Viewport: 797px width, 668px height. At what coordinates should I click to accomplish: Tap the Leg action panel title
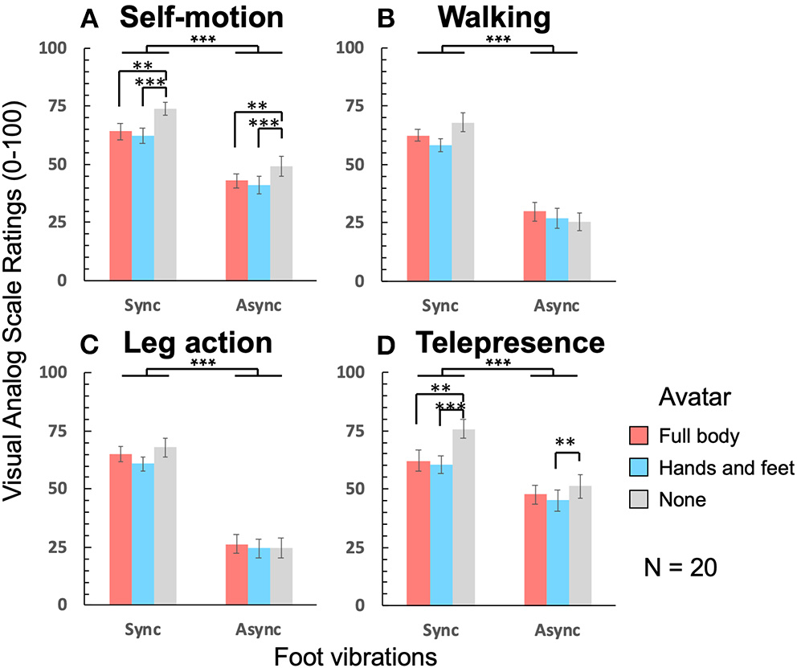click(x=198, y=343)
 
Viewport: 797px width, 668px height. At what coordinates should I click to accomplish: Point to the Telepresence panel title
click(x=510, y=343)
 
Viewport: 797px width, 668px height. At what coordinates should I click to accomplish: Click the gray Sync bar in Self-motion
click(x=166, y=195)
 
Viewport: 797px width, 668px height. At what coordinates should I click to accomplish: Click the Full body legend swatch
click(x=638, y=436)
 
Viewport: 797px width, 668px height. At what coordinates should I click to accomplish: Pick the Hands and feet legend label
click(x=726, y=468)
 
